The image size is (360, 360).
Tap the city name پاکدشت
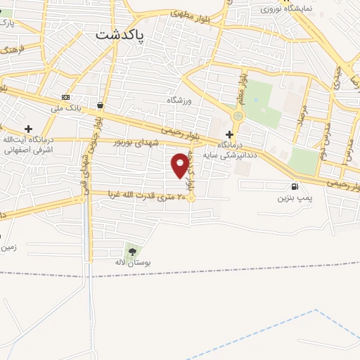click(x=120, y=34)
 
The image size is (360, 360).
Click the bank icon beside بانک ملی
click(x=66, y=97)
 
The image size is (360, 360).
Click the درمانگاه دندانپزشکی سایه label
click(x=226, y=149)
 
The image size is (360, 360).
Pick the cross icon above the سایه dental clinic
click(x=229, y=134)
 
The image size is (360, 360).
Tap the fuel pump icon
click(x=294, y=187)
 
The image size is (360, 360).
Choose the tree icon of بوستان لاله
click(x=131, y=250)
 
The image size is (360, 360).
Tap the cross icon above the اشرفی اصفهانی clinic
click(x=28, y=129)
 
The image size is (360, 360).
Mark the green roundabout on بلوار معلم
click(x=238, y=116)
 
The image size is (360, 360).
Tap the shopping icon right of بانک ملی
click(x=101, y=106)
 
